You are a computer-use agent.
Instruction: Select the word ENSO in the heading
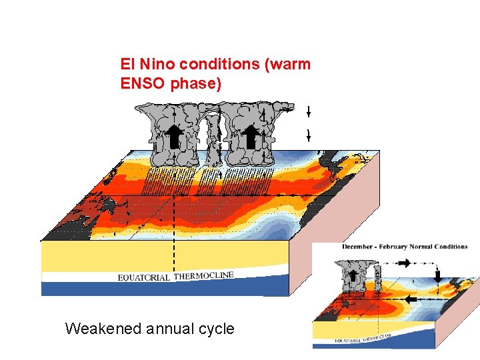[141, 85]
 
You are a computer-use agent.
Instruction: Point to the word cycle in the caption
[214, 328]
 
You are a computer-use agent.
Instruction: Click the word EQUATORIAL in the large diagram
[143, 277]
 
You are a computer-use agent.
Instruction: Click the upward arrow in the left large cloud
[175, 137]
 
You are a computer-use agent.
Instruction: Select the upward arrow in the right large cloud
[250, 137]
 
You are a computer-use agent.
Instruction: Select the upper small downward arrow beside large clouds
[309, 111]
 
